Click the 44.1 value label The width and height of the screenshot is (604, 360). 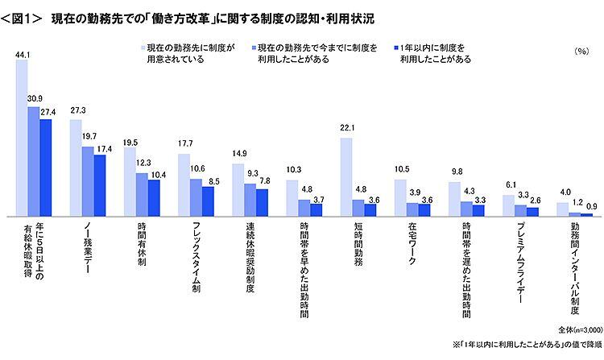(x=23, y=54)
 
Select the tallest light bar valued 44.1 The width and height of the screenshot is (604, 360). (x=23, y=138)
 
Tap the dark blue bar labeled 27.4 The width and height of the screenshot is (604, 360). (x=46, y=168)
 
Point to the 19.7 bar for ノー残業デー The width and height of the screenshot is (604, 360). (x=88, y=181)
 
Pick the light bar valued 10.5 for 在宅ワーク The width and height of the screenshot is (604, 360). (x=401, y=197)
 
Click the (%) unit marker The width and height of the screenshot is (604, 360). (x=581, y=51)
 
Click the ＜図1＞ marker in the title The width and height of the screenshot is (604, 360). (x=23, y=15)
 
